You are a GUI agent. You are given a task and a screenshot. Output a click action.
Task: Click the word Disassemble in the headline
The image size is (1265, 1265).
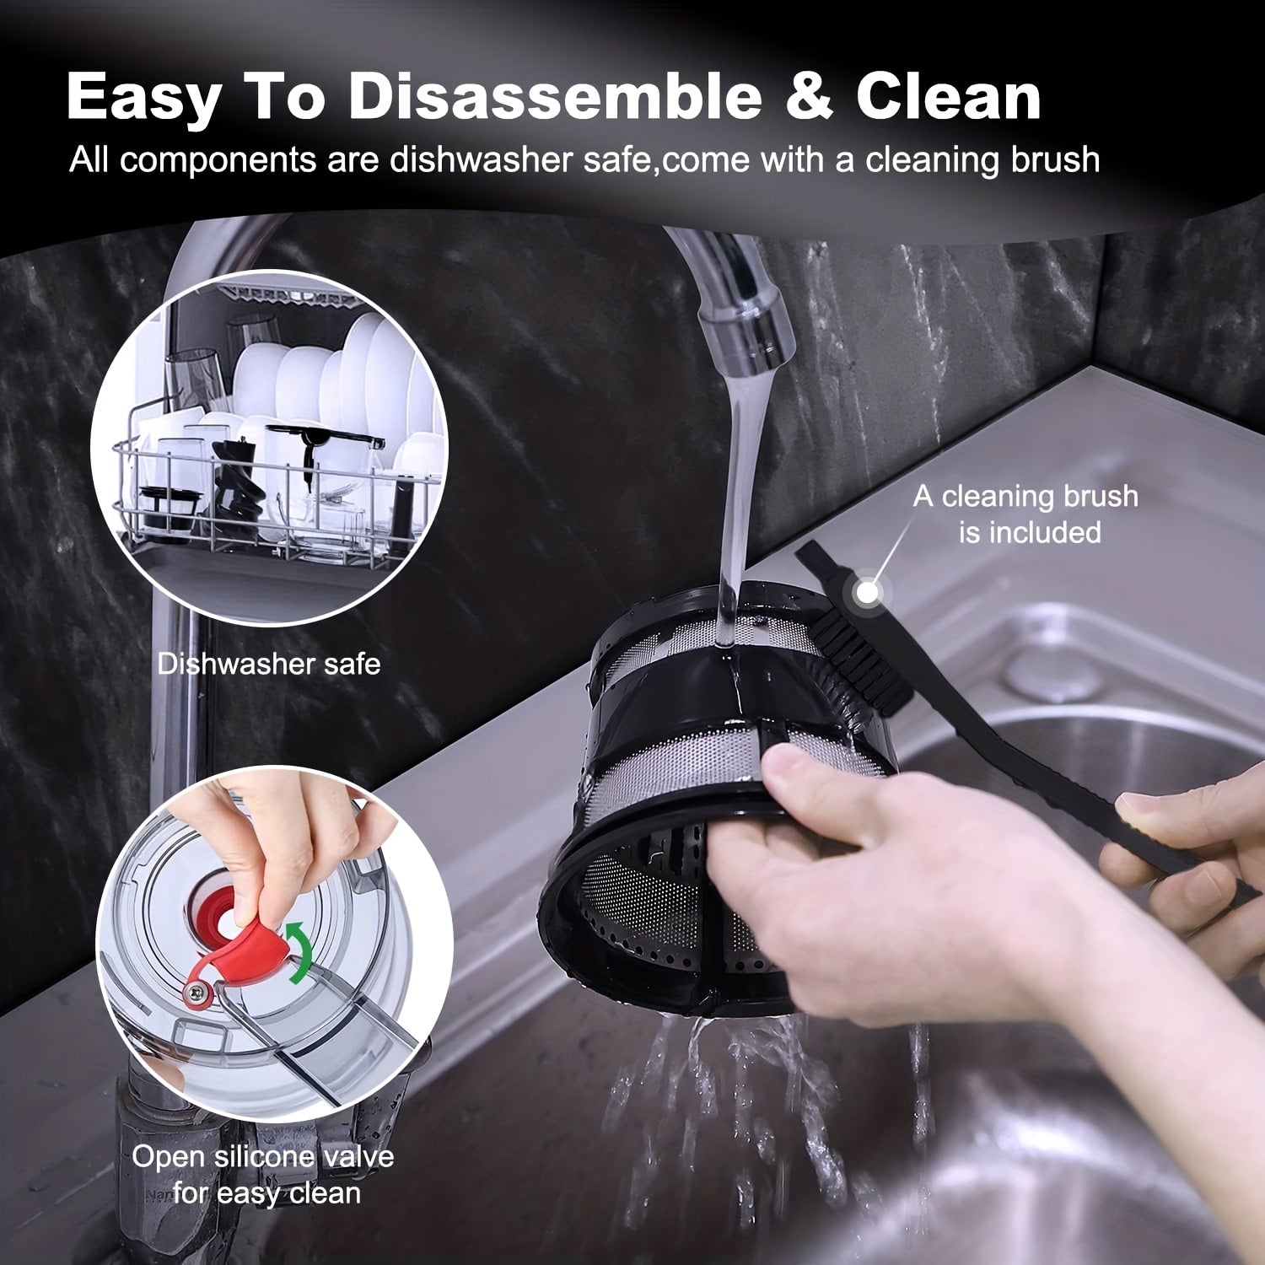pos(554,96)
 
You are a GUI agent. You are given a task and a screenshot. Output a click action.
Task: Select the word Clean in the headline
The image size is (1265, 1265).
pos(948,96)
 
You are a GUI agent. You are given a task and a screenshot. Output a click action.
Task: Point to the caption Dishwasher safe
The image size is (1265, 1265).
pos(268,664)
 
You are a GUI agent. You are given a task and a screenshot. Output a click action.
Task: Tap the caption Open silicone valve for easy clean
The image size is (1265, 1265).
pos(263,1174)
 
